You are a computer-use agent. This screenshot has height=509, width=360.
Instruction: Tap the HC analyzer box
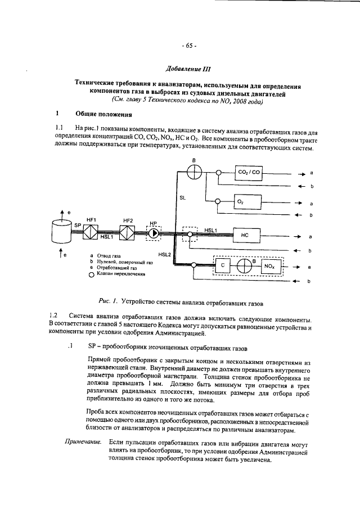coord(248,235)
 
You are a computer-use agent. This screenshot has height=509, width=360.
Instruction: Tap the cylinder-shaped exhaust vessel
coord(63,229)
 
